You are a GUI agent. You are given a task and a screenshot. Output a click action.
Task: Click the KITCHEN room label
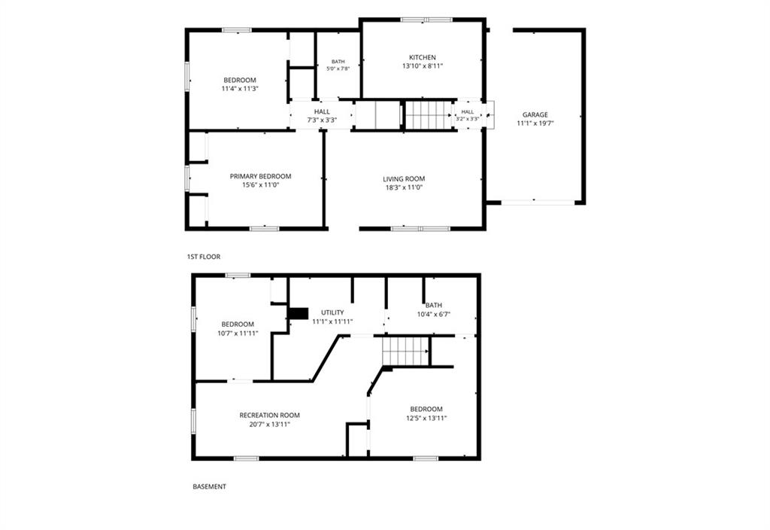click(423, 57)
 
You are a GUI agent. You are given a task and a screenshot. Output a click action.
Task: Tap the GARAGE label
click(535, 115)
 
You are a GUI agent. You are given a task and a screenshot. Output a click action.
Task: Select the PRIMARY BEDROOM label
click(260, 176)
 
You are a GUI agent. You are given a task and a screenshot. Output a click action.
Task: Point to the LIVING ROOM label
click(404, 179)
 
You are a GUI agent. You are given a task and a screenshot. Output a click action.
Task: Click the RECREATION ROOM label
click(269, 416)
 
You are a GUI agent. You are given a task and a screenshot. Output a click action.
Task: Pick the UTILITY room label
click(332, 312)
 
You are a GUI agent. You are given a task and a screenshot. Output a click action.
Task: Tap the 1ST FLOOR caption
click(203, 257)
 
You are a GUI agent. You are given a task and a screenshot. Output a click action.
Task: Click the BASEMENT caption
click(209, 487)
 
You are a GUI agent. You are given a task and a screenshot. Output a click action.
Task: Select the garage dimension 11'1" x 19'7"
click(535, 124)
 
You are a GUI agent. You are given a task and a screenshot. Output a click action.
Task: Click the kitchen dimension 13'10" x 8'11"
click(423, 66)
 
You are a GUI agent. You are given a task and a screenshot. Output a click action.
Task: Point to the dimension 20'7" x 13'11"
click(269, 425)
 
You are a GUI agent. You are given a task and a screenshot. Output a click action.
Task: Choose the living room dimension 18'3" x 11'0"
click(404, 187)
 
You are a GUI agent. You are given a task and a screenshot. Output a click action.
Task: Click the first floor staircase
click(428, 115)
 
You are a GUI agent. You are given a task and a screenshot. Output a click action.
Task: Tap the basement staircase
click(405, 351)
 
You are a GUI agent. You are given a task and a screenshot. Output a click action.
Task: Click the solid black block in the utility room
click(298, 313)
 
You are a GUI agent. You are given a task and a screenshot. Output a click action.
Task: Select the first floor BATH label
click(338, 62)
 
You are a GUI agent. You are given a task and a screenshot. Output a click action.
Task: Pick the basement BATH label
click(434, 306)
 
